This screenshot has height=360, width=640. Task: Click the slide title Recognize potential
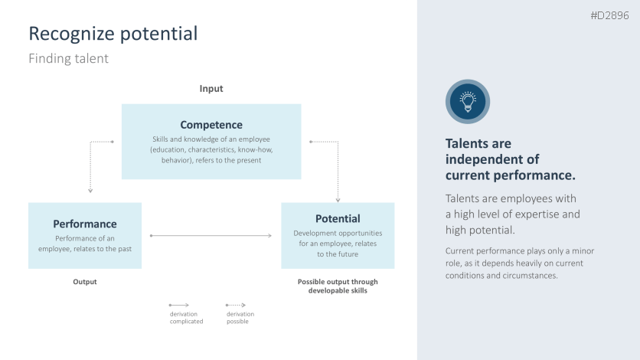point(113,34)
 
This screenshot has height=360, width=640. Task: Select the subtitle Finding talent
point(68,58)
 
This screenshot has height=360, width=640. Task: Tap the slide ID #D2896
point(609,16)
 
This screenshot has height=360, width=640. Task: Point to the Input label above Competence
point(211,89)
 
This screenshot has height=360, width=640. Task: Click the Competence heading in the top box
point(211,125)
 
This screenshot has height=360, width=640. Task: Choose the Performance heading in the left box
point(85,224)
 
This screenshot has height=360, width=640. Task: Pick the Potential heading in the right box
point(338,218)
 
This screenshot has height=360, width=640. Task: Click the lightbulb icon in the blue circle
point(467,101)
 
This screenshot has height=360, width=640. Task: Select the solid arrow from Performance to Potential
point(211,236)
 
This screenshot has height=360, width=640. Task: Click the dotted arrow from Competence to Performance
point(91,165)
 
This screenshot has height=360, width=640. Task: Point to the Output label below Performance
point(85,282)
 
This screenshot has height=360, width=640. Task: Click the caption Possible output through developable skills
point(338,286)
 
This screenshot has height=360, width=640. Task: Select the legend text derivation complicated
point(186,318)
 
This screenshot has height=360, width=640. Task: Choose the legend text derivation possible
point(240,318)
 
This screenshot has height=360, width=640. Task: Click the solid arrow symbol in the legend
point(179,304)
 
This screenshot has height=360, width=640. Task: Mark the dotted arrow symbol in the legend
point(236,304)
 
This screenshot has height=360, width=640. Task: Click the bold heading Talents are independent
point(510,159)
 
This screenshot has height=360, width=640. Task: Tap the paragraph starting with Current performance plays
point(520,263)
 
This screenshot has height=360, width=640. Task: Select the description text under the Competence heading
point(211,150)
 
